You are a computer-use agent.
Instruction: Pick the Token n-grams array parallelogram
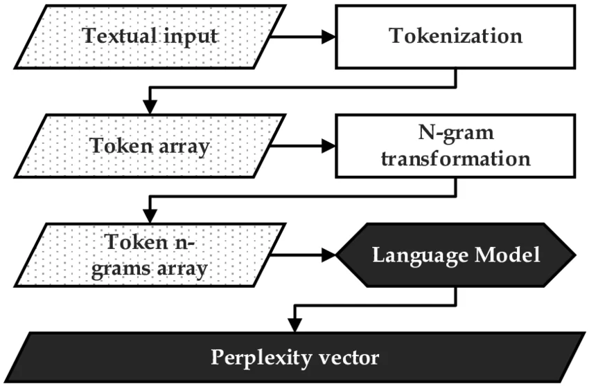[x=152, y=255]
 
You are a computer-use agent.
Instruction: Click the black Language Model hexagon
[x=455, y=255]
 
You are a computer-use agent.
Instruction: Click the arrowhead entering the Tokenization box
[x=328, y=35]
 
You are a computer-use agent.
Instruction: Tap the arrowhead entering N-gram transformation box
[x=328, y=147]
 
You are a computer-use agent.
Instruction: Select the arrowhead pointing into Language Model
[x=328, y=255]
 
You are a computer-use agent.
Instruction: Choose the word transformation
[x=455, y=158]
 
